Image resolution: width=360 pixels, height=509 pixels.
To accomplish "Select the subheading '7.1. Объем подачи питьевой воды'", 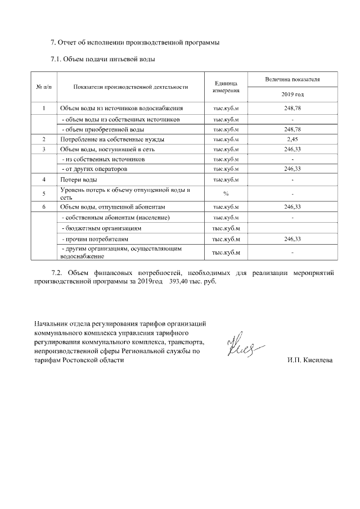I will point(103,58).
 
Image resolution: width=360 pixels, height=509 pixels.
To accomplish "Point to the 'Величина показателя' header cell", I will point(292,79).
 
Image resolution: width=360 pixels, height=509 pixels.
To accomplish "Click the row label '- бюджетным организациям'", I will point(101,228).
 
